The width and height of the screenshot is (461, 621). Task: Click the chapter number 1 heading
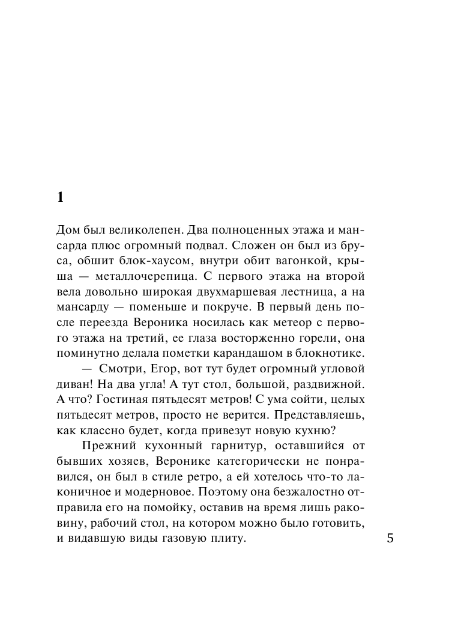coord(59,198)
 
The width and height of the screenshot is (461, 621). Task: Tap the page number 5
coord(390,538)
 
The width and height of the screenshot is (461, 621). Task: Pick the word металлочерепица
coord(130,277)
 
